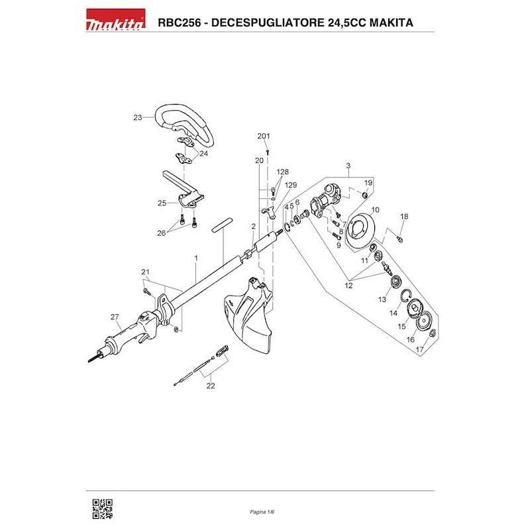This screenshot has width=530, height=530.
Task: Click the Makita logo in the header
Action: pyautogui.click(x=116, y=24)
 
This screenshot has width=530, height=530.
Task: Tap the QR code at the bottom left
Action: pyautogui.click(x=101, y=507)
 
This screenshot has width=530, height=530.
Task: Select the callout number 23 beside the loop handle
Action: pyautogui.click(x=138, y=117)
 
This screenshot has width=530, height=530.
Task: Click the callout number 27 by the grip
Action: pyautogui.click(x=114, y=316)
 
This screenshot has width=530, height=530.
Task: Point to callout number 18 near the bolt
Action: pyautogui.click(x=404, y=217)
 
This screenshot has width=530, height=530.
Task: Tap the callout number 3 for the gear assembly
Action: pyautogui.click(x=347, y=165)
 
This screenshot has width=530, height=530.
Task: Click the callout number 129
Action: pyautogui.click(x=291, y=185)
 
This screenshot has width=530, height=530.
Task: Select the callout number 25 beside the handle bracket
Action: pyautogui.click(x=161, y=203)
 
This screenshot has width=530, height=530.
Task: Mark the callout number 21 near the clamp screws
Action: pyautogui.click(x=146, y=272)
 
